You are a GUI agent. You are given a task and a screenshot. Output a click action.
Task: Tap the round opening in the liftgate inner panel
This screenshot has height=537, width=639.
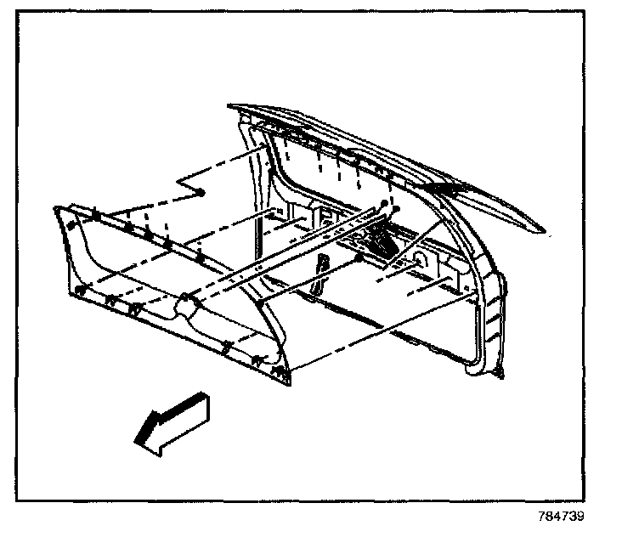click(420, 257)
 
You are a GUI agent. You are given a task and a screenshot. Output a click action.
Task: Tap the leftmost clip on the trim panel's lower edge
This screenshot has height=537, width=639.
click(78, 291)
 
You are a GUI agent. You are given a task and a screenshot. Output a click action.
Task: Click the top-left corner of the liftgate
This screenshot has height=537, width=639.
click(231, 107)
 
